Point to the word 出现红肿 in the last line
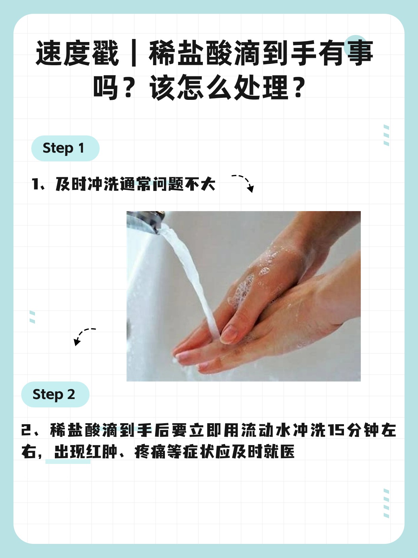coord(85,452)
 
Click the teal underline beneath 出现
coord(68,462)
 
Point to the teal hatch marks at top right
coord(386,135)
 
